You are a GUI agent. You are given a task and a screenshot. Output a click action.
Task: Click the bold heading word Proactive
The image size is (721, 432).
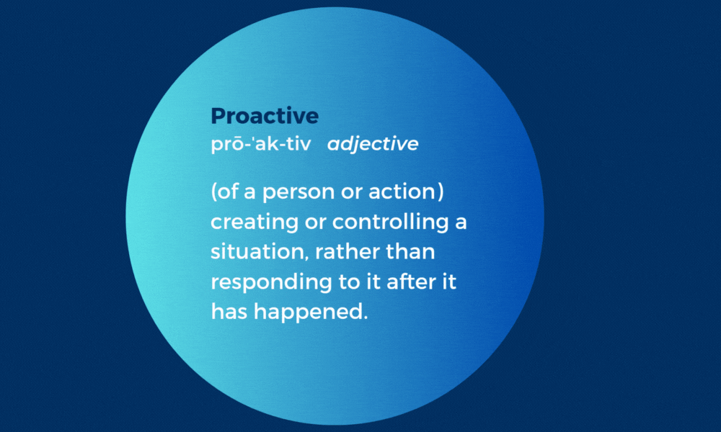265,116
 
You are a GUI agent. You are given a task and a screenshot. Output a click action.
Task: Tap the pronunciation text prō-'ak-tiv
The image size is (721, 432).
261,144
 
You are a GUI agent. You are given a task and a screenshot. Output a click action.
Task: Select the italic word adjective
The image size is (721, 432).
373,144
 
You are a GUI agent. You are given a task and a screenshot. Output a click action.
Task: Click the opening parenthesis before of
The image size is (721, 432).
214,192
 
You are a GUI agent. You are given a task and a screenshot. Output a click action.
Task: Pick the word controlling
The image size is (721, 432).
390,222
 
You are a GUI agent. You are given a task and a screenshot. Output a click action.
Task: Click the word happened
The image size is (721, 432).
308,312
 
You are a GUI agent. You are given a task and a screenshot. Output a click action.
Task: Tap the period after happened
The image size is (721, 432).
366,318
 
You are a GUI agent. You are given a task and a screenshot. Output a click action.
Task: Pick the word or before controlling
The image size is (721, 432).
316,223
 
